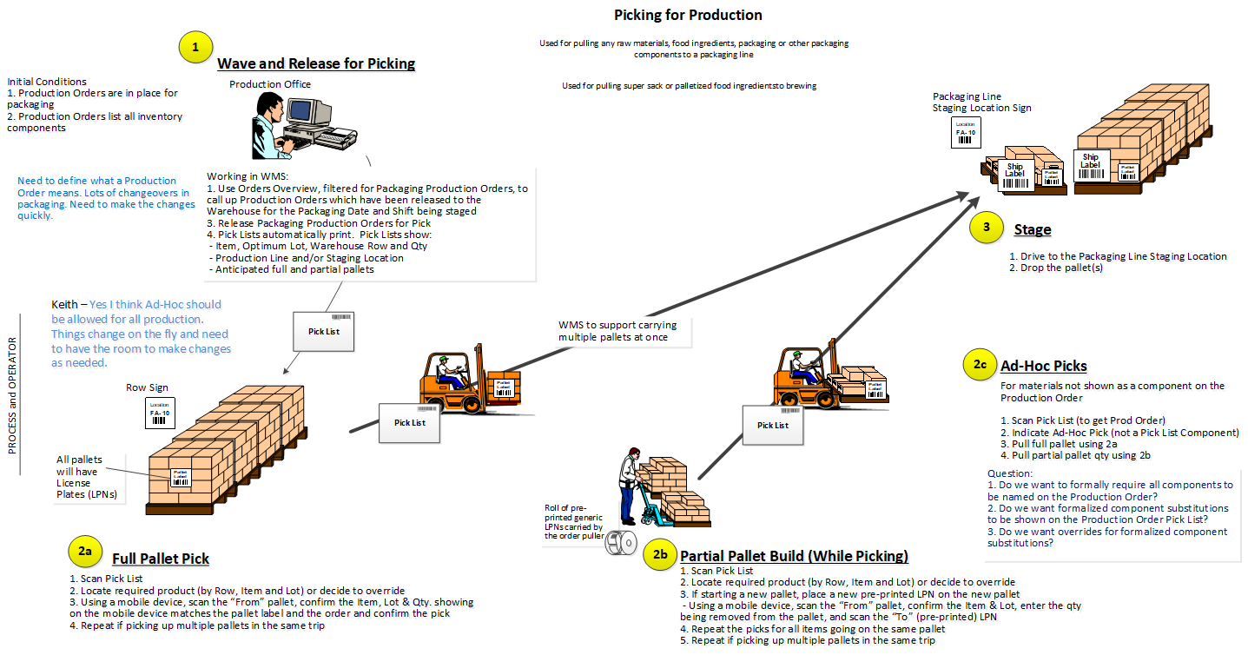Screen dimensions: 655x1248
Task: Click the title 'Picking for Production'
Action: click(688, 15)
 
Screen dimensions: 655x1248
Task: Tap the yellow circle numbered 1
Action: click(195, 48)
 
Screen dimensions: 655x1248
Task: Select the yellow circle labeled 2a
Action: click(84, 551)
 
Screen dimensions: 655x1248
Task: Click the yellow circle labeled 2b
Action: click(659, 555)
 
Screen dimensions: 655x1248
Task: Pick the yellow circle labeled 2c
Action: click(979, 366)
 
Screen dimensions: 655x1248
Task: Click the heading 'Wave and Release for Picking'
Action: click(316, 63)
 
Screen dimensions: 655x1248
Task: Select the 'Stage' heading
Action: click(1032, 229)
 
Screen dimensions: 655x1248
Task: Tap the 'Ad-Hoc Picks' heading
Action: click(1043, 366)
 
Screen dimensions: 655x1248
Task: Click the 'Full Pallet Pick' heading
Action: click(161, 559)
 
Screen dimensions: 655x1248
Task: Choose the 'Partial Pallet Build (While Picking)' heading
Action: click(794, 556)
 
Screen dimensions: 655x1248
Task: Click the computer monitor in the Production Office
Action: click(309, 111)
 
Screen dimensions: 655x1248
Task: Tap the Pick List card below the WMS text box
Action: click(324, 331)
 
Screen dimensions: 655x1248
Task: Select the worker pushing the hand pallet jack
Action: click(631, 486)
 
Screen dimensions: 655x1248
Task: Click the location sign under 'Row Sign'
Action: click(160, 412)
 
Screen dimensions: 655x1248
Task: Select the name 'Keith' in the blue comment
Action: click(66, 305)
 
